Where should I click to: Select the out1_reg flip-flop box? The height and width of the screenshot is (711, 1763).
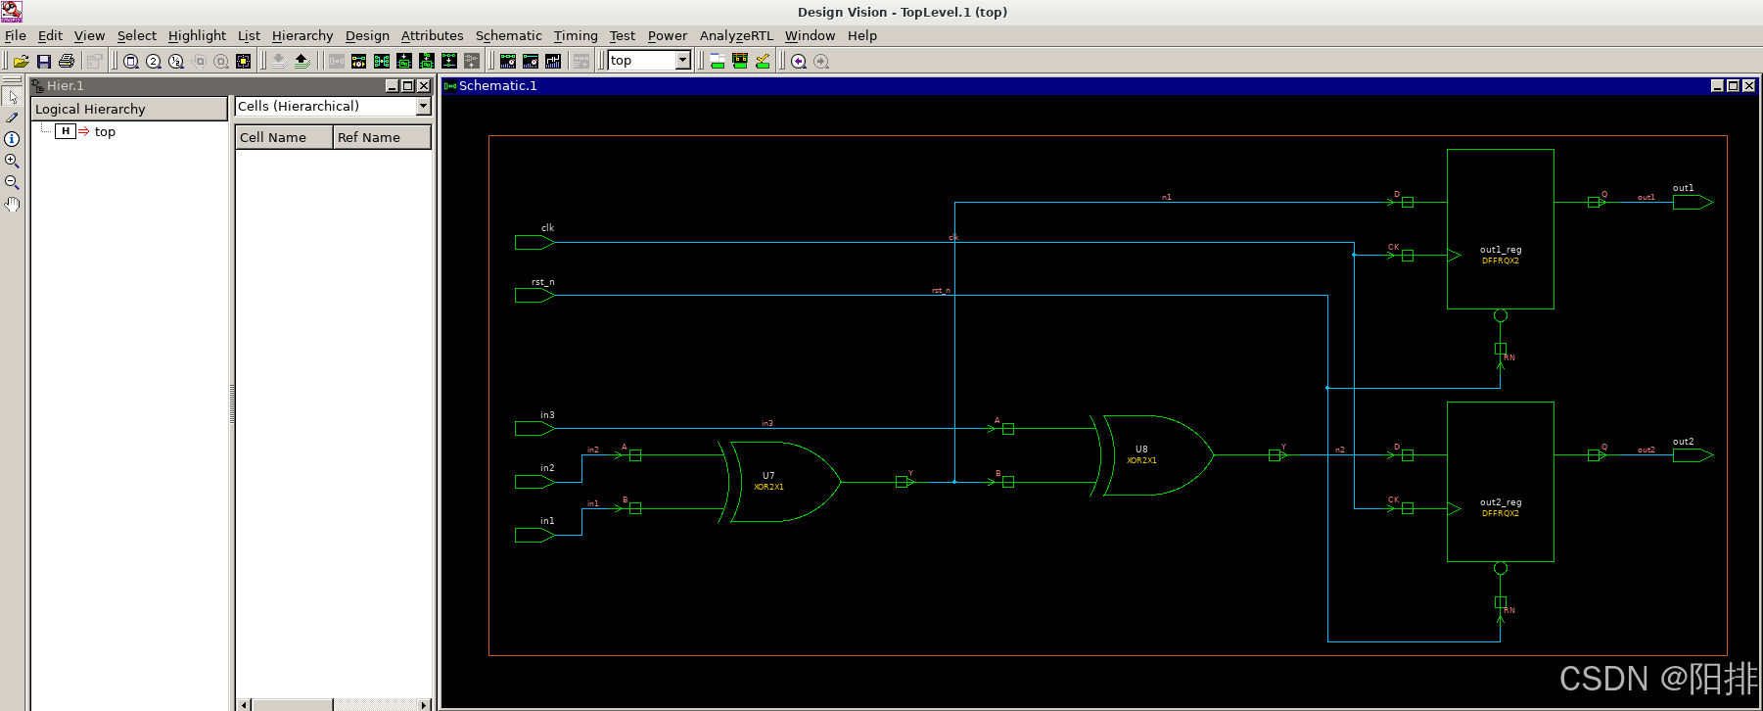[x=1500, y=228]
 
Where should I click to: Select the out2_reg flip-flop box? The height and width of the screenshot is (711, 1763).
[x=1500, y=481]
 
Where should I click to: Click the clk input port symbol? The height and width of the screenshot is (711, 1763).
[x=534, y=242]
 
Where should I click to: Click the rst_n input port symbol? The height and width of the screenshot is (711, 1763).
[x=534, y=295]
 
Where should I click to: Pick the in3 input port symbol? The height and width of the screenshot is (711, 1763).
[x=534, y=428]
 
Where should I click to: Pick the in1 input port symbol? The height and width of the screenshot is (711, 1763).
[x=534, y=535]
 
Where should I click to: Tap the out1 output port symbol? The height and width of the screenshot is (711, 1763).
[x=1692, y=202]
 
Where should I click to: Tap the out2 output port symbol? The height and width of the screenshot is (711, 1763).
[x=1692, y=454]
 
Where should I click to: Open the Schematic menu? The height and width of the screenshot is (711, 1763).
[x=508, y=35]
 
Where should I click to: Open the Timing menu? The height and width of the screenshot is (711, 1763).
[x=575, y=35]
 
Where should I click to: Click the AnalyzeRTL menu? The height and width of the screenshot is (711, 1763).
[x=735, y=35]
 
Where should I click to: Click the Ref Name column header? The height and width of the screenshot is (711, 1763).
[x=381, y=137]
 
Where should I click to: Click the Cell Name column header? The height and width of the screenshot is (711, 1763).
[x=283, y=137]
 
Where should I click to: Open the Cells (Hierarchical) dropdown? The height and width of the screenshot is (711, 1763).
[x=424, y=106]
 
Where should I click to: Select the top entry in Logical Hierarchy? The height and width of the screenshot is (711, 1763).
[x=105, y=131]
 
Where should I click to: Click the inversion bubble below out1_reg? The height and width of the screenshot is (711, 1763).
[x=1500, y=315]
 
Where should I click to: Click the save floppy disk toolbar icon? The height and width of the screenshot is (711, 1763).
[x=44, y=61]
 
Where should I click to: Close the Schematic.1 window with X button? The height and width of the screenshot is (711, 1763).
[x=1749, y=86]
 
